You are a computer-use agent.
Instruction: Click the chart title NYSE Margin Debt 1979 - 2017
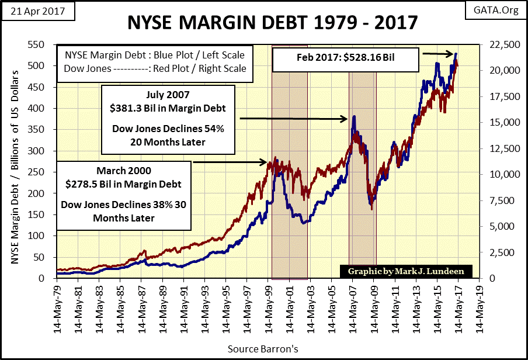[272, 23]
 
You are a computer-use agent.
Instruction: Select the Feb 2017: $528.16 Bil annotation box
[346, 58]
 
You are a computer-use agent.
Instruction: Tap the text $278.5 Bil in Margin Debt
[123, 184]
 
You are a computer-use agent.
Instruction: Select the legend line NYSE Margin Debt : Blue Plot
[151, 55]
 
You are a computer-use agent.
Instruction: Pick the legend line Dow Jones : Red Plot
[151, 68]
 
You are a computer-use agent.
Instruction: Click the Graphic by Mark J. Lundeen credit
[403, 272]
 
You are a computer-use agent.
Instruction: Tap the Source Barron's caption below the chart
[264, 349]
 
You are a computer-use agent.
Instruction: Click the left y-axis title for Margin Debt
[16, 161]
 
